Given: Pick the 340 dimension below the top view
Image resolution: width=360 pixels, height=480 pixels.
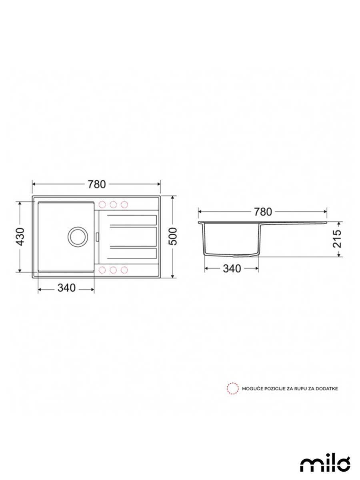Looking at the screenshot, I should pos(66,288).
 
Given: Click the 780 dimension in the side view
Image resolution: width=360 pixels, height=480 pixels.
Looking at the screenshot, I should pos(262,212).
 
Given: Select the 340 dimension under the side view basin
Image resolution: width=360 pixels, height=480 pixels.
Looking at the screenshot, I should pos(232,269).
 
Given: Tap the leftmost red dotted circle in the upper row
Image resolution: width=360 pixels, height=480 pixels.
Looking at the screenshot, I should pos(102,204).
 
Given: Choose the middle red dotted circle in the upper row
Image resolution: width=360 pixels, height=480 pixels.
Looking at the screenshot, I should pos(113,204).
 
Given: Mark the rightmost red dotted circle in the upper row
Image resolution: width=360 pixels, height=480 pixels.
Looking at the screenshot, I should pos(124,204).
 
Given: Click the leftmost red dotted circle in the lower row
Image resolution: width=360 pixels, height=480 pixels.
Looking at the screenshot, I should pos(102,270).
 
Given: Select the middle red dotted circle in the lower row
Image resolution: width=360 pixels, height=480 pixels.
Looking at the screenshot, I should pos(113,270).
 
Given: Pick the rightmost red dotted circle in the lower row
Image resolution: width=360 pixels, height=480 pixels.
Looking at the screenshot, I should pos(124,270).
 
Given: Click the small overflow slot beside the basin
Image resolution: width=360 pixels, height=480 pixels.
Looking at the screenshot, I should pos(97,236).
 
